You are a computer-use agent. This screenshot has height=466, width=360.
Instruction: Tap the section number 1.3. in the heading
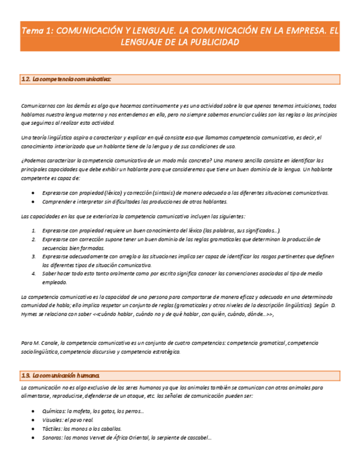point(25,376)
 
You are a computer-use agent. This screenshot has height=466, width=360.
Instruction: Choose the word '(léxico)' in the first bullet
point(112,193)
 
